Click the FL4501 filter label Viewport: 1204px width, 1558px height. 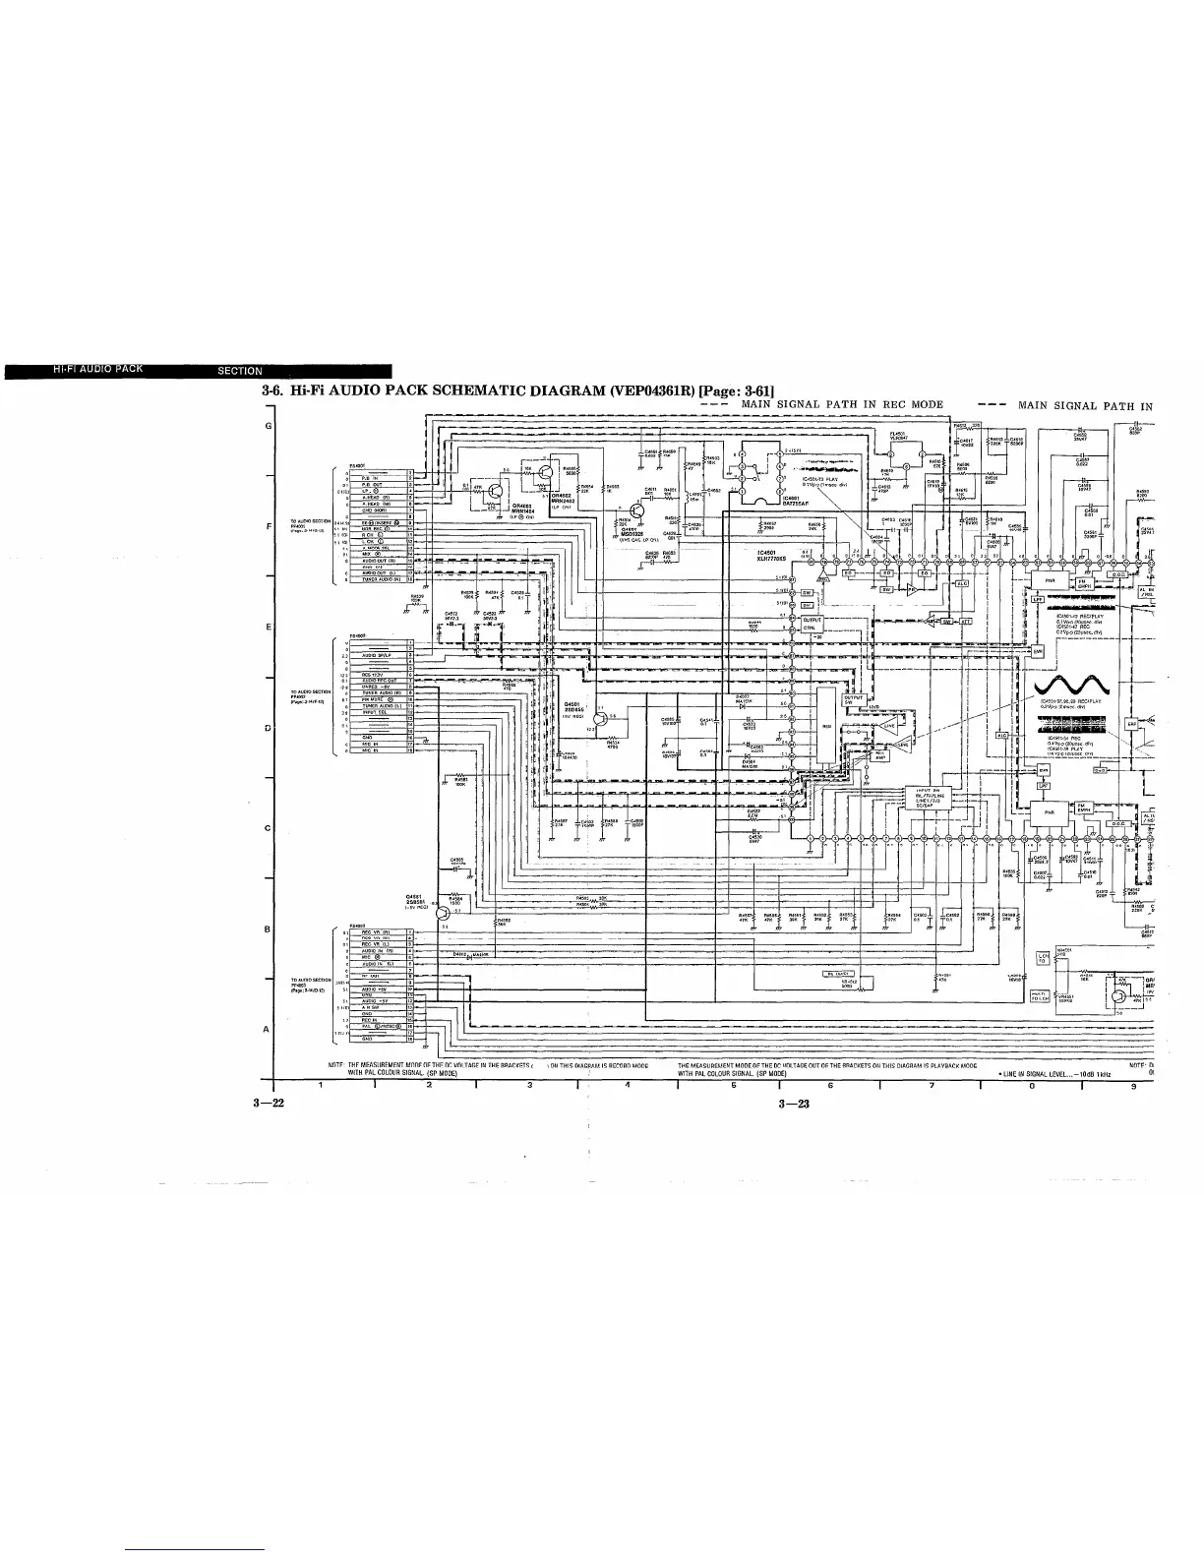click(897, 434)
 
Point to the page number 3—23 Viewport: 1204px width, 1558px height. click(792, 1104)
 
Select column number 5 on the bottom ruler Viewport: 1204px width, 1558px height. click(679, 1086)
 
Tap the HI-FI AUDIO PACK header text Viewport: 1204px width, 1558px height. click(99, 370)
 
